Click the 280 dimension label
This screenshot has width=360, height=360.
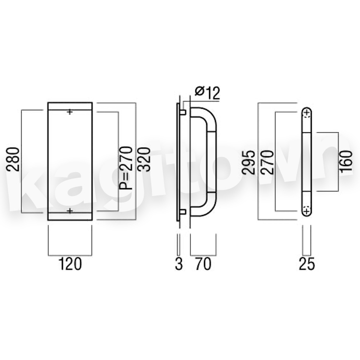[x=13, y=159]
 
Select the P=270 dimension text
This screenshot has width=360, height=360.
[x=126, y=168]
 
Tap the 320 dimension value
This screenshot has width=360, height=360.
[x=144, y=159]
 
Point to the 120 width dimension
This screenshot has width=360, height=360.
[x=70, y=264]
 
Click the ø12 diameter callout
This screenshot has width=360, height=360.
[x=207, y=93]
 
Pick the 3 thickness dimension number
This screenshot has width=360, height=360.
[x=179, y=264]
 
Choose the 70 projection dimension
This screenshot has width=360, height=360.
[x=203, y=264]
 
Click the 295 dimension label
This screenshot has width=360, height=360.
[x=249, y=162]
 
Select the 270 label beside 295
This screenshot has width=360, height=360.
[x=268, y=162]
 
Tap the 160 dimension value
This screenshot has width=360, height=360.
[x=346, y=161]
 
